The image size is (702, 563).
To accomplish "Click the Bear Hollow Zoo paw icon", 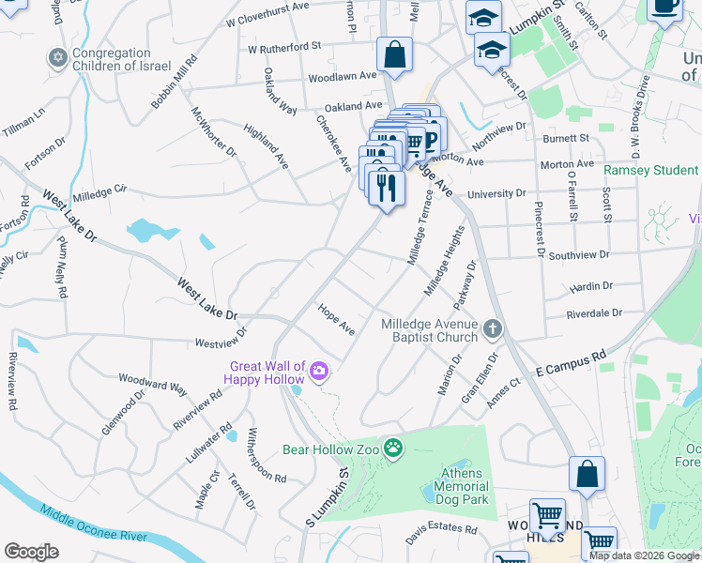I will pos(392,449).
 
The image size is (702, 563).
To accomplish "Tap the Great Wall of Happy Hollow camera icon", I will pos(319,373).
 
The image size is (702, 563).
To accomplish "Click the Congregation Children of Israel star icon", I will pos(56,59).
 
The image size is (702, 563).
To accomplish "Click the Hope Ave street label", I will pos(336,319).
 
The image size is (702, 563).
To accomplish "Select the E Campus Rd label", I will pos(569,363).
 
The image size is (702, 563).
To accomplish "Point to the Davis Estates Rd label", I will pos(441,532).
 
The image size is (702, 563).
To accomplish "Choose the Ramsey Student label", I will pos(650,171).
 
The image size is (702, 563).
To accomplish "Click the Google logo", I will pos(31,551).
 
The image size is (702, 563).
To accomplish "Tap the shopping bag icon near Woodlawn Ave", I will pos(394,55).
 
